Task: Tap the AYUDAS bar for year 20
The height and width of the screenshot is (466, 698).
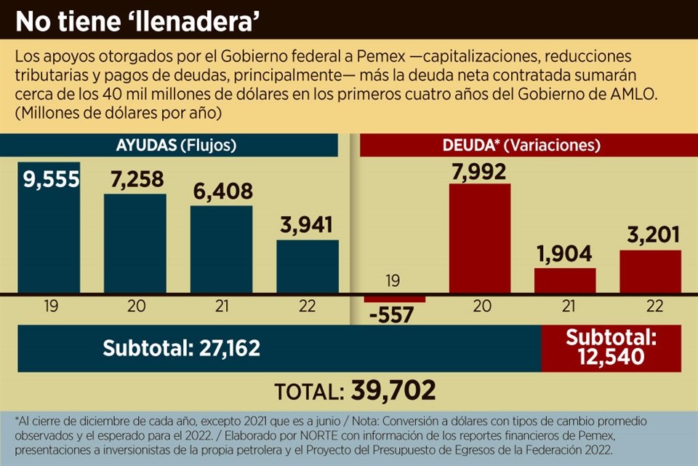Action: tap(135, 244)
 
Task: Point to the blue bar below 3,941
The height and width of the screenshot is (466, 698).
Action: tap(307, 266)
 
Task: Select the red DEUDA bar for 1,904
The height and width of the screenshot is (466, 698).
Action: tap(565, 281)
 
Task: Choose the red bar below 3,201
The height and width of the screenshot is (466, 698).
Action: tap(650, 272)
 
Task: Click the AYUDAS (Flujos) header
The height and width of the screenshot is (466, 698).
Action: tap(177, 145)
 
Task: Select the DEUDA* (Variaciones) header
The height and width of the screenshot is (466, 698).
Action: tap(521, 145)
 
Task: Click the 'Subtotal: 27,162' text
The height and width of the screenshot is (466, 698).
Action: tap(181, 348)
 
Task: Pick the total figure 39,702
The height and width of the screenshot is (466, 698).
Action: tap(393, 390)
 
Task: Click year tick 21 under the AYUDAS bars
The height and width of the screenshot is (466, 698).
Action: tap(221, 307)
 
